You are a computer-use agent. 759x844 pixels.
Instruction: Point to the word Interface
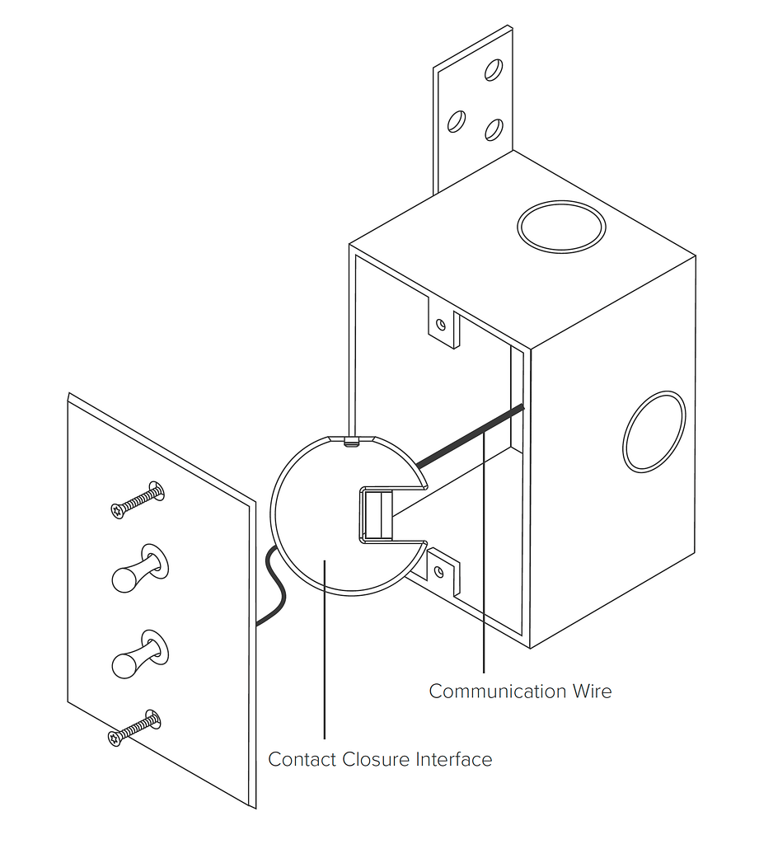point(453,759)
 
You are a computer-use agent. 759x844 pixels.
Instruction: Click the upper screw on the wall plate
point(137,501)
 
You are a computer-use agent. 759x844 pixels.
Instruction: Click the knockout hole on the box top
point(561,227)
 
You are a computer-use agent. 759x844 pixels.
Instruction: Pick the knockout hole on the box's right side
point(654,432)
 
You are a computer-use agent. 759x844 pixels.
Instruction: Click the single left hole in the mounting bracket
point(454,123)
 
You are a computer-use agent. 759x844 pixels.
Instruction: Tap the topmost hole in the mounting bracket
point(493,69)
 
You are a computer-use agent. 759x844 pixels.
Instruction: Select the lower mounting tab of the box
point(442,571)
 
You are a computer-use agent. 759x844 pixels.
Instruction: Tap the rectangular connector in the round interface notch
point(375,515)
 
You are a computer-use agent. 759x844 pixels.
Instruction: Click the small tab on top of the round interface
point(351,442)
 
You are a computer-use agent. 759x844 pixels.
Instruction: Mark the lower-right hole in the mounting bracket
point(493,129)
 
